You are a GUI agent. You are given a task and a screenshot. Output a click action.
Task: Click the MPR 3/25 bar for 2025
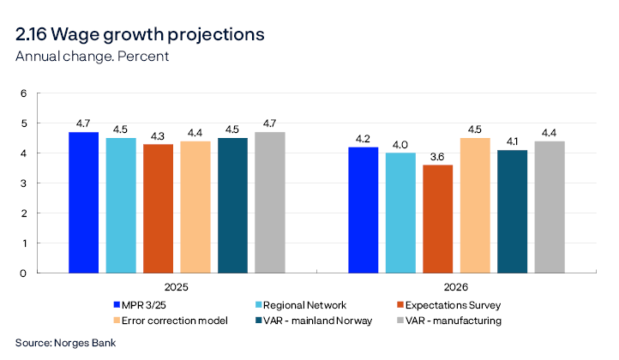coord(84,202)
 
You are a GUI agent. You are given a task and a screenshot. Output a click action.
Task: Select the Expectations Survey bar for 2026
coord(438,219)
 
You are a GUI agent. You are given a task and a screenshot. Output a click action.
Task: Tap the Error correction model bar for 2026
coord(475,205)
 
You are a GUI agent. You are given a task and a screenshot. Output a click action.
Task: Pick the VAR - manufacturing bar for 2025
coord(270,202)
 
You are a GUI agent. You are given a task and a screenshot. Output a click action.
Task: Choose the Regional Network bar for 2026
coord(401,213)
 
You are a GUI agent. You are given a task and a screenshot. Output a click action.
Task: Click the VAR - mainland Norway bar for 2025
coord(232,205)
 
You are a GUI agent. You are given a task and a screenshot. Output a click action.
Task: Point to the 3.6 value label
coord(438,156)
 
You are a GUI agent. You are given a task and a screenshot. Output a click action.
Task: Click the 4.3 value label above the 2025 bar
coord(158,135)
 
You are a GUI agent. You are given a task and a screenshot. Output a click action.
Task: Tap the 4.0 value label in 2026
coord(401,144)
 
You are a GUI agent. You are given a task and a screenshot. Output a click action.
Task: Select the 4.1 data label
coord(512,141)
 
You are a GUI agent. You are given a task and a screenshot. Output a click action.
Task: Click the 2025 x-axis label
coord(177,288)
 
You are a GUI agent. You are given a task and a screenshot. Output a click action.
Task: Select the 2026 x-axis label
coord(456,288)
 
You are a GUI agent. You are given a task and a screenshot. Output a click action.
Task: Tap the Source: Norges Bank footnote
coord(65,343)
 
